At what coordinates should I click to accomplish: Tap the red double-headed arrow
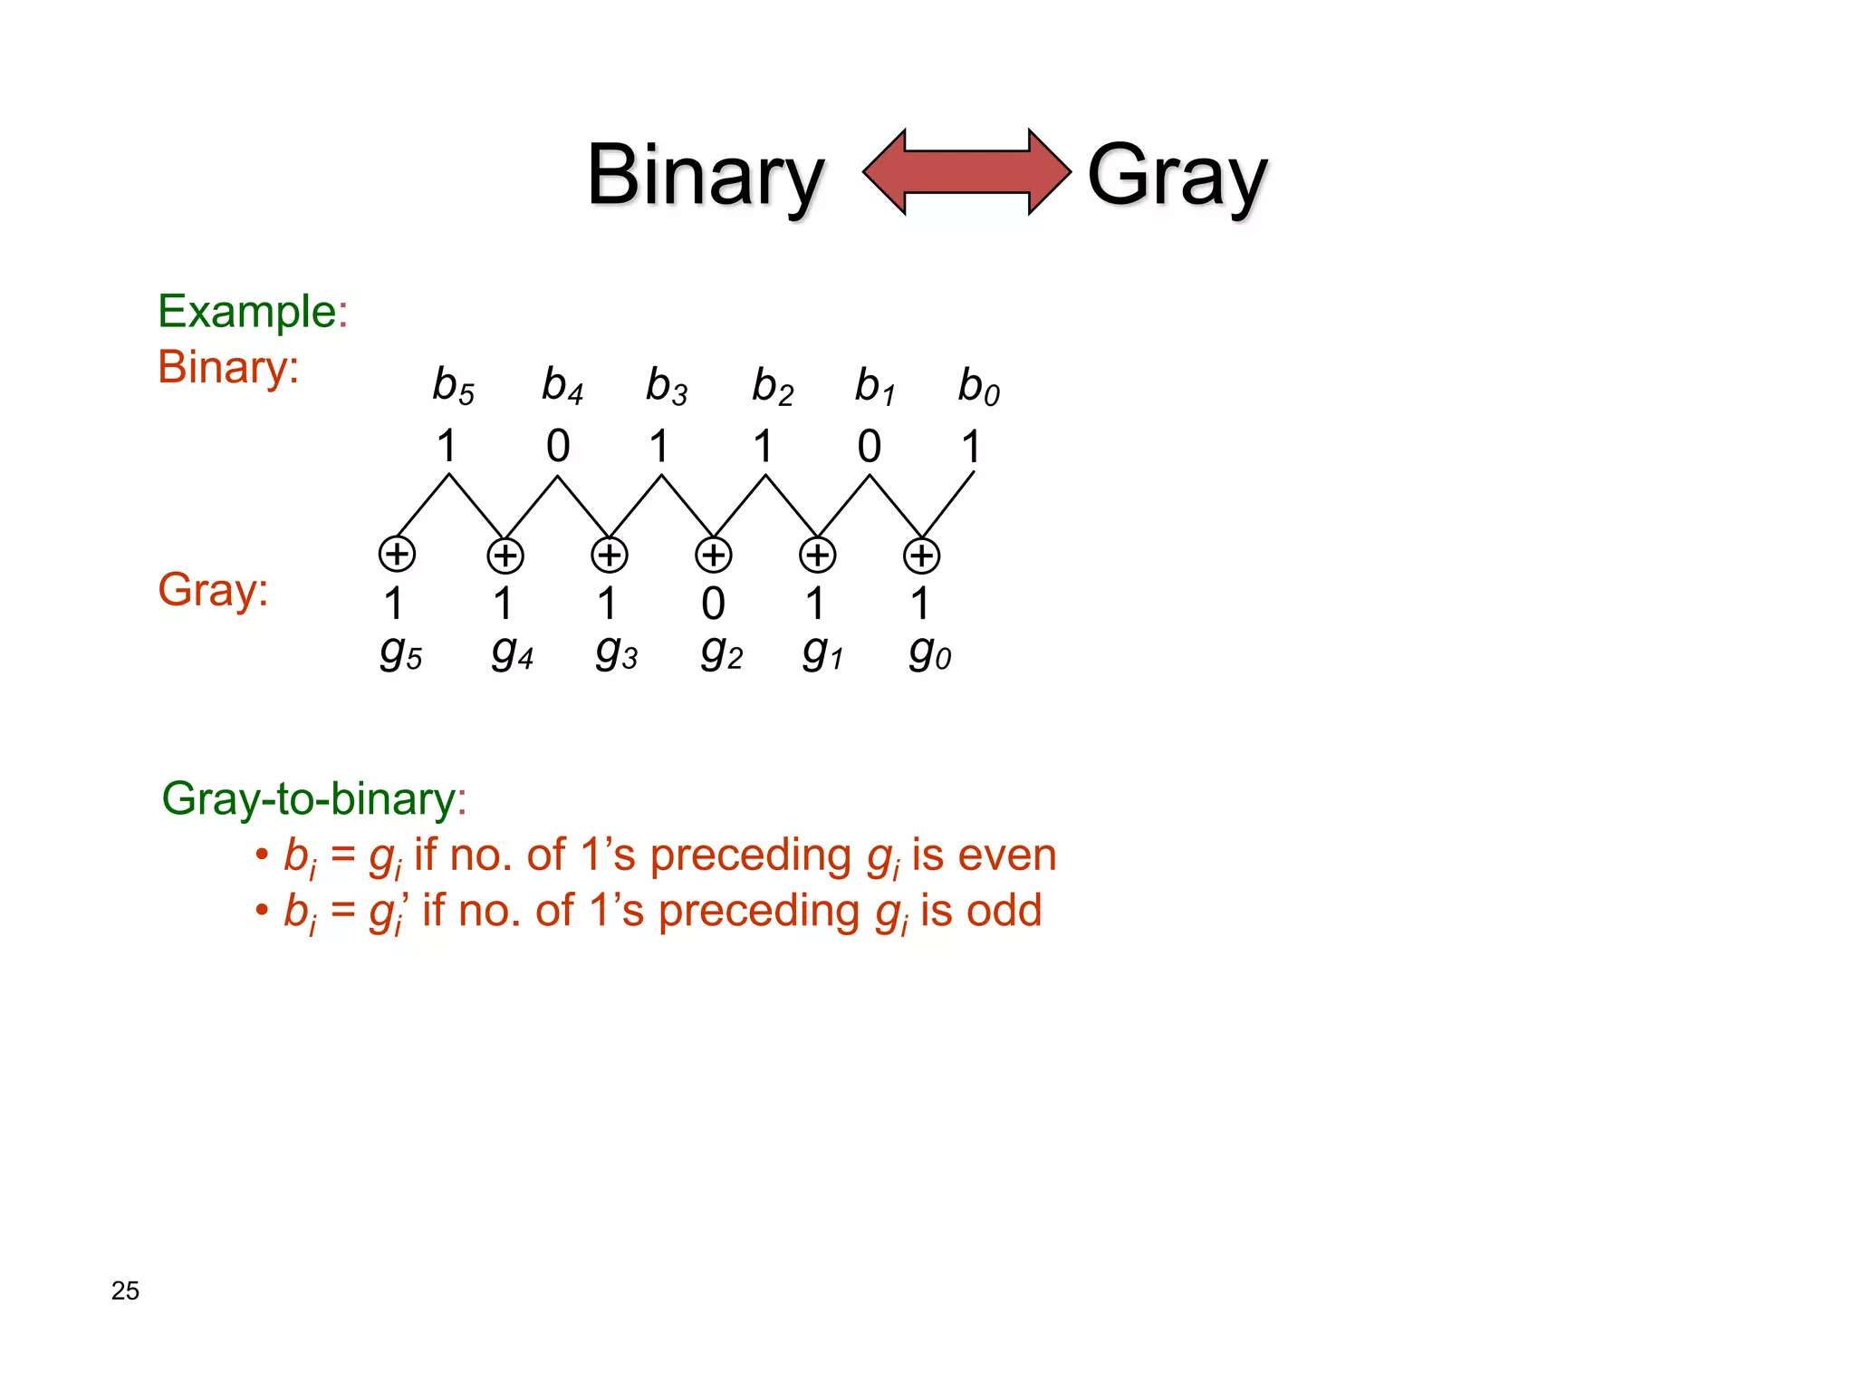(x=966, y=171)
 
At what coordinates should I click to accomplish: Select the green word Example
(x=247, y=312)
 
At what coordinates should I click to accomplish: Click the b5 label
(x=453, y=386)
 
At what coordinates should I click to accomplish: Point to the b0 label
(x=978, y=387)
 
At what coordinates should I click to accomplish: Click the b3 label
(x=666, y=386)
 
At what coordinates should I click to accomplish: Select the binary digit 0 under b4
(x=558, y=446)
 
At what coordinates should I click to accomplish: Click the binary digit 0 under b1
(x=869, y=446)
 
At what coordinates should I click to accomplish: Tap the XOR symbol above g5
(x=397, y=554)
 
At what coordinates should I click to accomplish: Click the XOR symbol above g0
(x=921, y=556)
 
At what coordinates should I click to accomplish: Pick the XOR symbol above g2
(x=713, y=555)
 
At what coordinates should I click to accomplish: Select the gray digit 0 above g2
(x=713, y=604)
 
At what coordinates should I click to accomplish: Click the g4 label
(x=512, y=652)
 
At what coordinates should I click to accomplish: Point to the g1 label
(x=822, y=652)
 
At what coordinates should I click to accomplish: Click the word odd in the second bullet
(x=1004, y=911)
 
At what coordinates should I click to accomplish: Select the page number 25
(x=125, y=1290)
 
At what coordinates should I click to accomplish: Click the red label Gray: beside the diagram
(x=213, y=590)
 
